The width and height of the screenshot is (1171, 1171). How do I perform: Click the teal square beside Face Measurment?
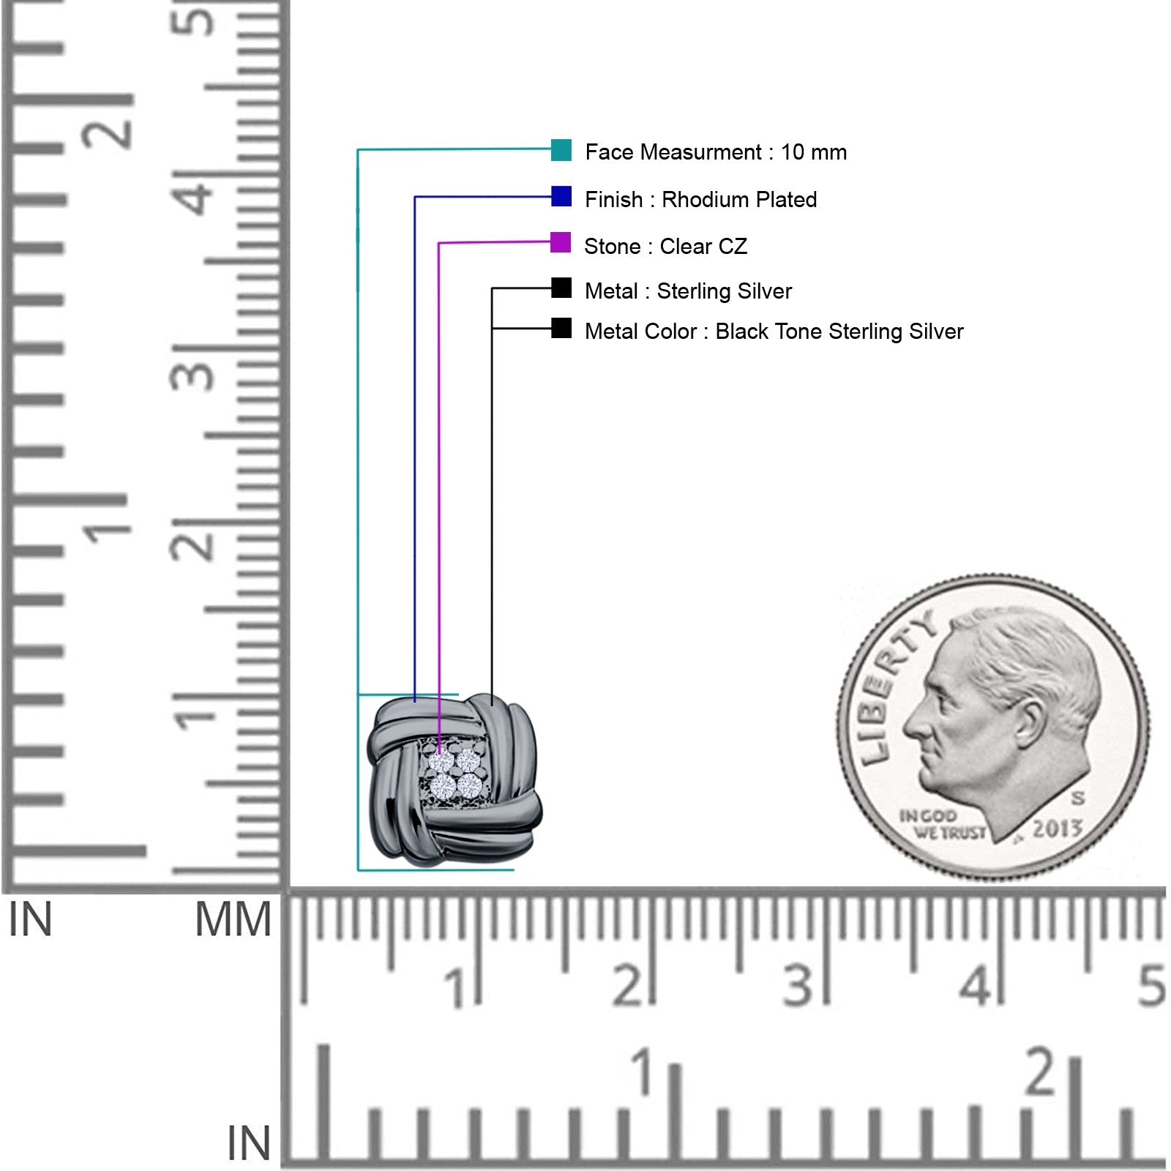pyautogui.click(x=561, y=150)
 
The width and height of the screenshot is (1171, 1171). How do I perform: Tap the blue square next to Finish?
pyautogui.click(x=561, y=196)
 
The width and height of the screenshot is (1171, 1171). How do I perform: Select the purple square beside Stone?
pyautogui.click(x=561, y=242)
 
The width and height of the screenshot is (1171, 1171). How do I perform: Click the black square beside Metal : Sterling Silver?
pyautogui.click(x=561, y=288)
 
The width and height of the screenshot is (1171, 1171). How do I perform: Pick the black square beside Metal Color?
pyautogui.click(x=561, y=328)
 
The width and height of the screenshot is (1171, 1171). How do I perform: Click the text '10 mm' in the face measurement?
pyautogui.click(x=814, y=152)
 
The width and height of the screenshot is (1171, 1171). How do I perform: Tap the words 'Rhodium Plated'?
pyautogui.click(x=739, y=199)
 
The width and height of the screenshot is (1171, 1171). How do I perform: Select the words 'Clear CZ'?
pyautogui.click(x=703, y=246)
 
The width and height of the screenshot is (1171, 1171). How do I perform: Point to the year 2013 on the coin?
pyautogui.click(x=1058, y=828)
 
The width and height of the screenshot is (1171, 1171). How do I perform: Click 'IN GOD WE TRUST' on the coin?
pyautogui.click(x=943, y=824)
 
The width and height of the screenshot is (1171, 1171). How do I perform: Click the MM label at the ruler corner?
pyautogui.click(x=233, y=919)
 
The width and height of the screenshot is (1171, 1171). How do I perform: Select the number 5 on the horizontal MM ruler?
pyautogui.click(x=1151, y=985)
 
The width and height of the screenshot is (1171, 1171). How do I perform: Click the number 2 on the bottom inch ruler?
pyautogui.click(x=1041, y=1071)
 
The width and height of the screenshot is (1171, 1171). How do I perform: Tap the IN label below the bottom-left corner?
pyautogui.click(x=249, y=1143)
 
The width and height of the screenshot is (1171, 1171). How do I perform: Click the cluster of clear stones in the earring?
pyautogui.click(x=455, y=774)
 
